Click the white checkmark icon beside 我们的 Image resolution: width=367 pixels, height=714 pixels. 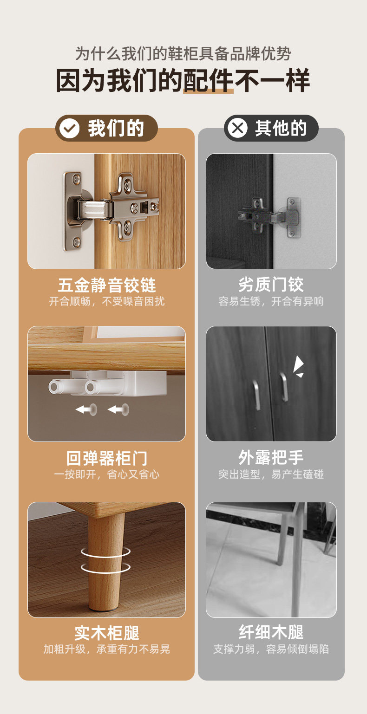pos(70,128)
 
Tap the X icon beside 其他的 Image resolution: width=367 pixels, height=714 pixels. pos(237,128)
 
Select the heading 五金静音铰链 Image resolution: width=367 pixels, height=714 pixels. pos(107,285)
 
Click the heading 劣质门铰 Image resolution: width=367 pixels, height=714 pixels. pos(271,284)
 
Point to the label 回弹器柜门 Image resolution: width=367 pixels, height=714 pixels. pos(107,458)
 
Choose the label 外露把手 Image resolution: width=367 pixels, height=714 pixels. pos(271,458)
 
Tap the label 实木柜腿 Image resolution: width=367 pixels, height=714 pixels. pos(107,633)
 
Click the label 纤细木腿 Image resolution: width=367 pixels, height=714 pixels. pos(271,632)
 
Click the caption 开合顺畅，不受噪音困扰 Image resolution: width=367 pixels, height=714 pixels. pos(107,301)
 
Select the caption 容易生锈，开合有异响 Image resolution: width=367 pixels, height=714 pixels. pos(271,301)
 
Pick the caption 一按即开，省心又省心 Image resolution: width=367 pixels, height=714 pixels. pos(107,474)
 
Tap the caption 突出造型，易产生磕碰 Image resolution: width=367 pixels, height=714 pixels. pos(271,474)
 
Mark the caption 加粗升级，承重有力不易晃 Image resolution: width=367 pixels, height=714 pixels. pos(107,649)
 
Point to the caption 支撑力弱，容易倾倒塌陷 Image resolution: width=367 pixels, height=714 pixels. pos(271,649)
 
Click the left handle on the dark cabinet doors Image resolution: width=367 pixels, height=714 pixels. pos(256,395)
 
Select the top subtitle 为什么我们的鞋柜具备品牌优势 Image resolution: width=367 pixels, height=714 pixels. pos(183,53)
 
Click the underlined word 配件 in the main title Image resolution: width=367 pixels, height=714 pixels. pos(208,80)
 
